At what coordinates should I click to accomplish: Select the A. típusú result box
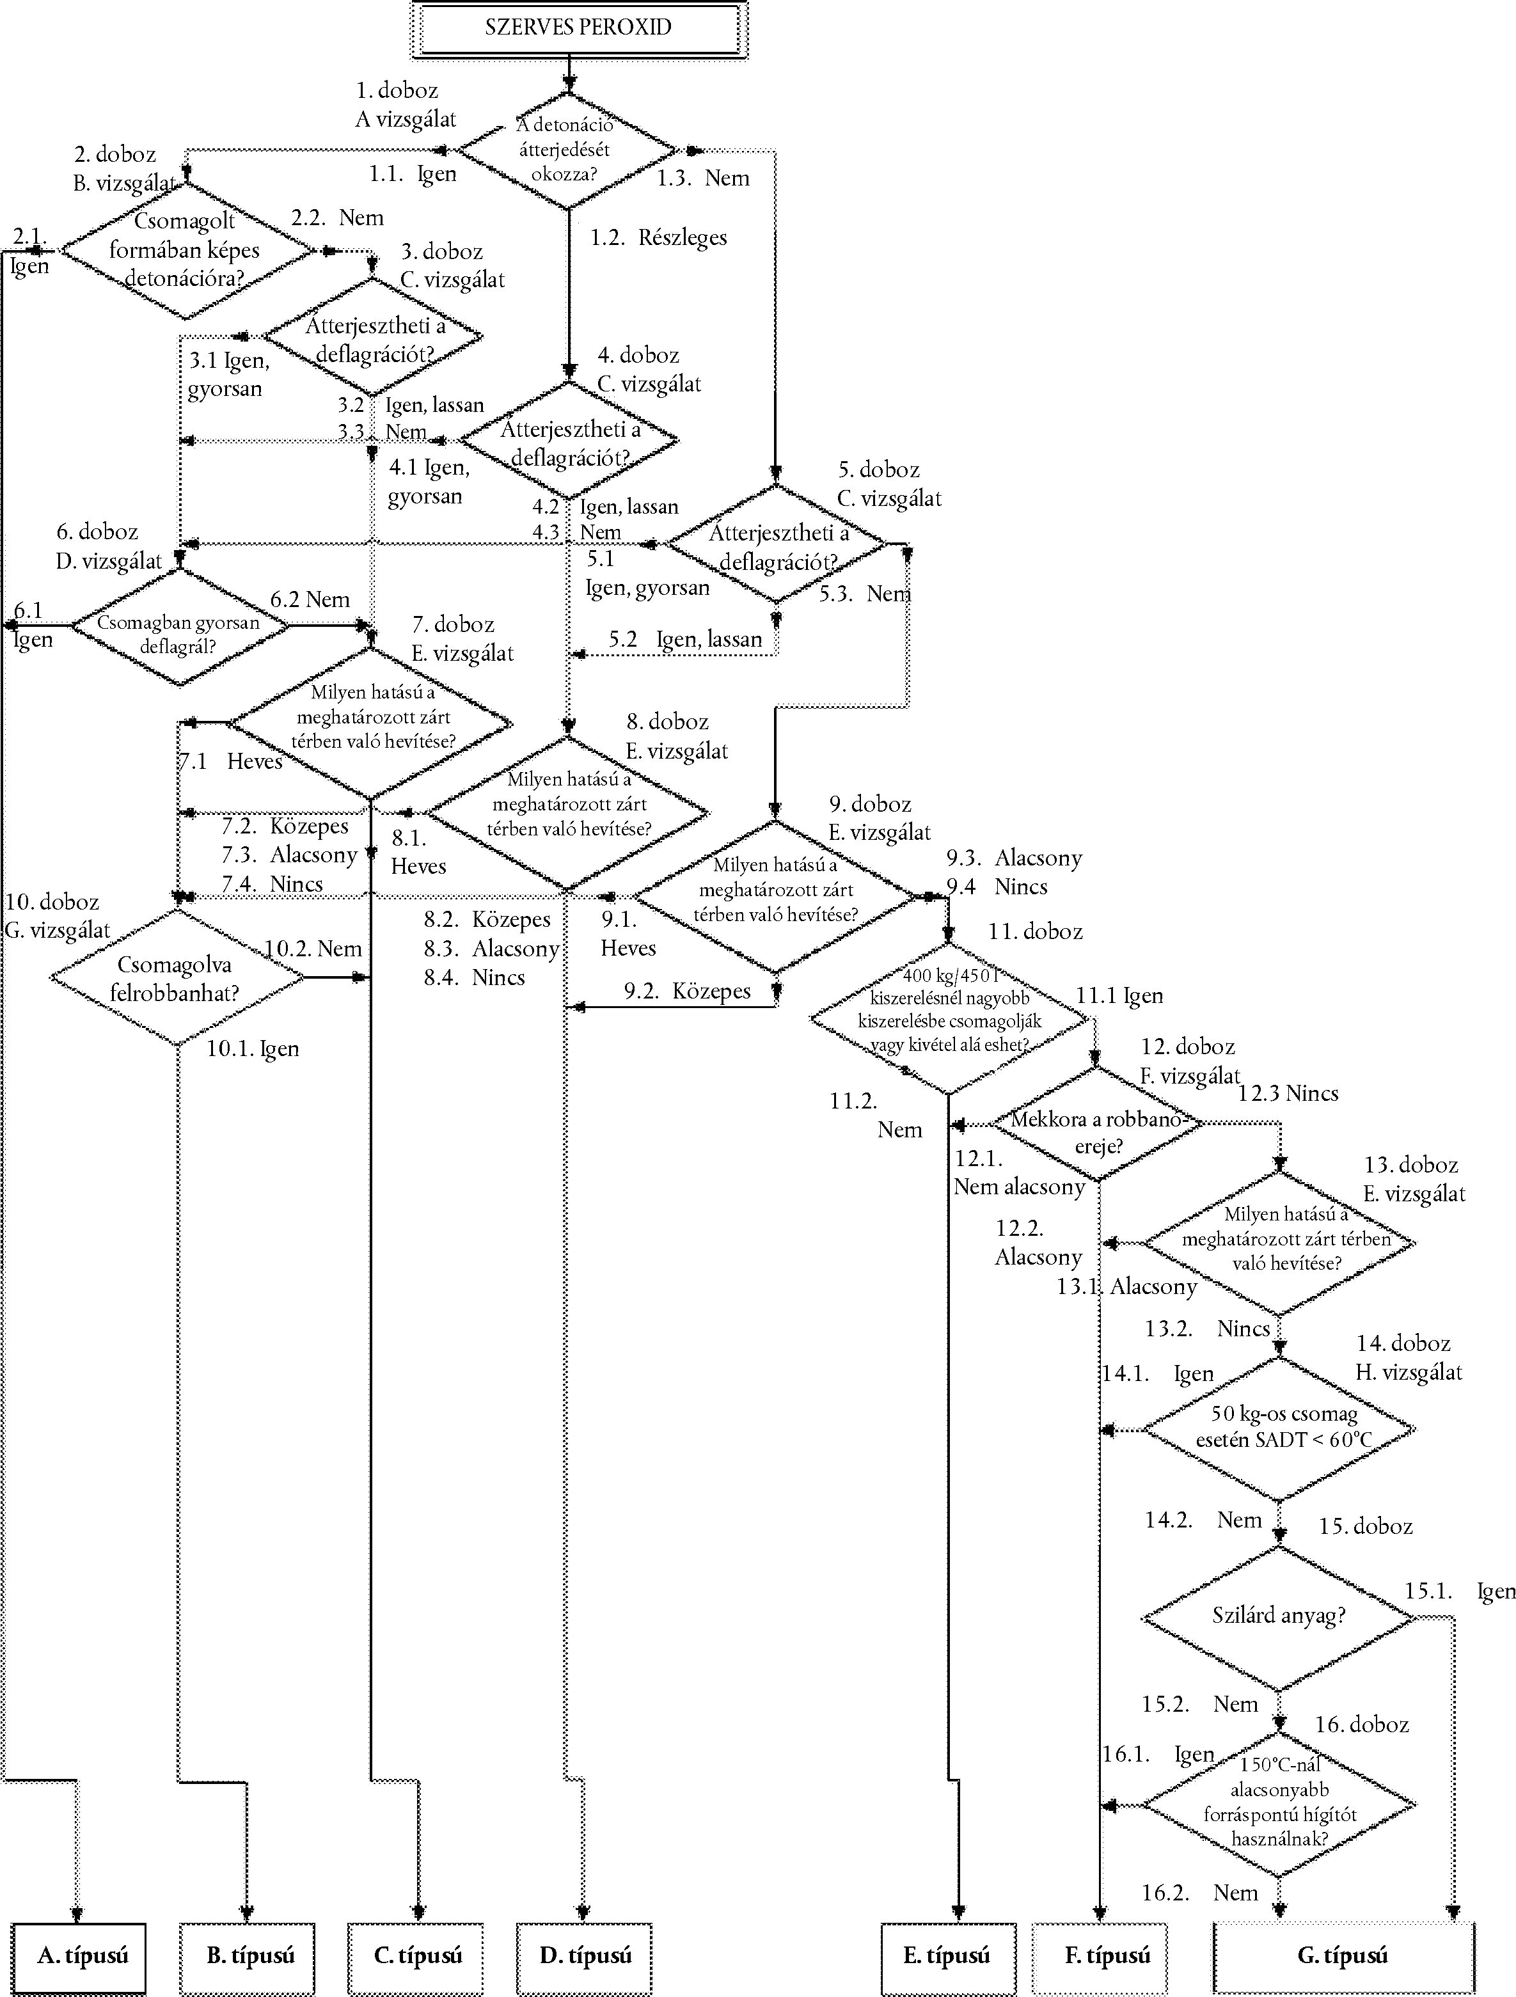pos(79,1957)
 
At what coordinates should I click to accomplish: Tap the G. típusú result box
pos(1343,1957)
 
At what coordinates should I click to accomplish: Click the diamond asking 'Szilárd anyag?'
pos(1279,1615)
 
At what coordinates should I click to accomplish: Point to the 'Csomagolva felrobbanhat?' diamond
pos(177,978)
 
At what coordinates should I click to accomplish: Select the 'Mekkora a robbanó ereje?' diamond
pos(1097,1124)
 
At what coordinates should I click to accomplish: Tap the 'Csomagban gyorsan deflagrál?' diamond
pos(180,626)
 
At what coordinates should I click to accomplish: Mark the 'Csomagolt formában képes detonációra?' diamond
pos(186,250)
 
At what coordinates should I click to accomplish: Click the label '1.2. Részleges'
pos(659,237)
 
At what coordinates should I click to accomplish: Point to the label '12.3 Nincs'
pos(1288,1093)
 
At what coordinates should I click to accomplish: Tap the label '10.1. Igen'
pos(253,1048)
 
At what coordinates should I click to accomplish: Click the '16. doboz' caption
pos(1362,1725)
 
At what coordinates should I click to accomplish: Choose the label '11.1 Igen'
pos(1119,996)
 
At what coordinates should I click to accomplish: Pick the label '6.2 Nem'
pos(310,599)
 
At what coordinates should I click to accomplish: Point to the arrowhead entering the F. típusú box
pos(1100,1911)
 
